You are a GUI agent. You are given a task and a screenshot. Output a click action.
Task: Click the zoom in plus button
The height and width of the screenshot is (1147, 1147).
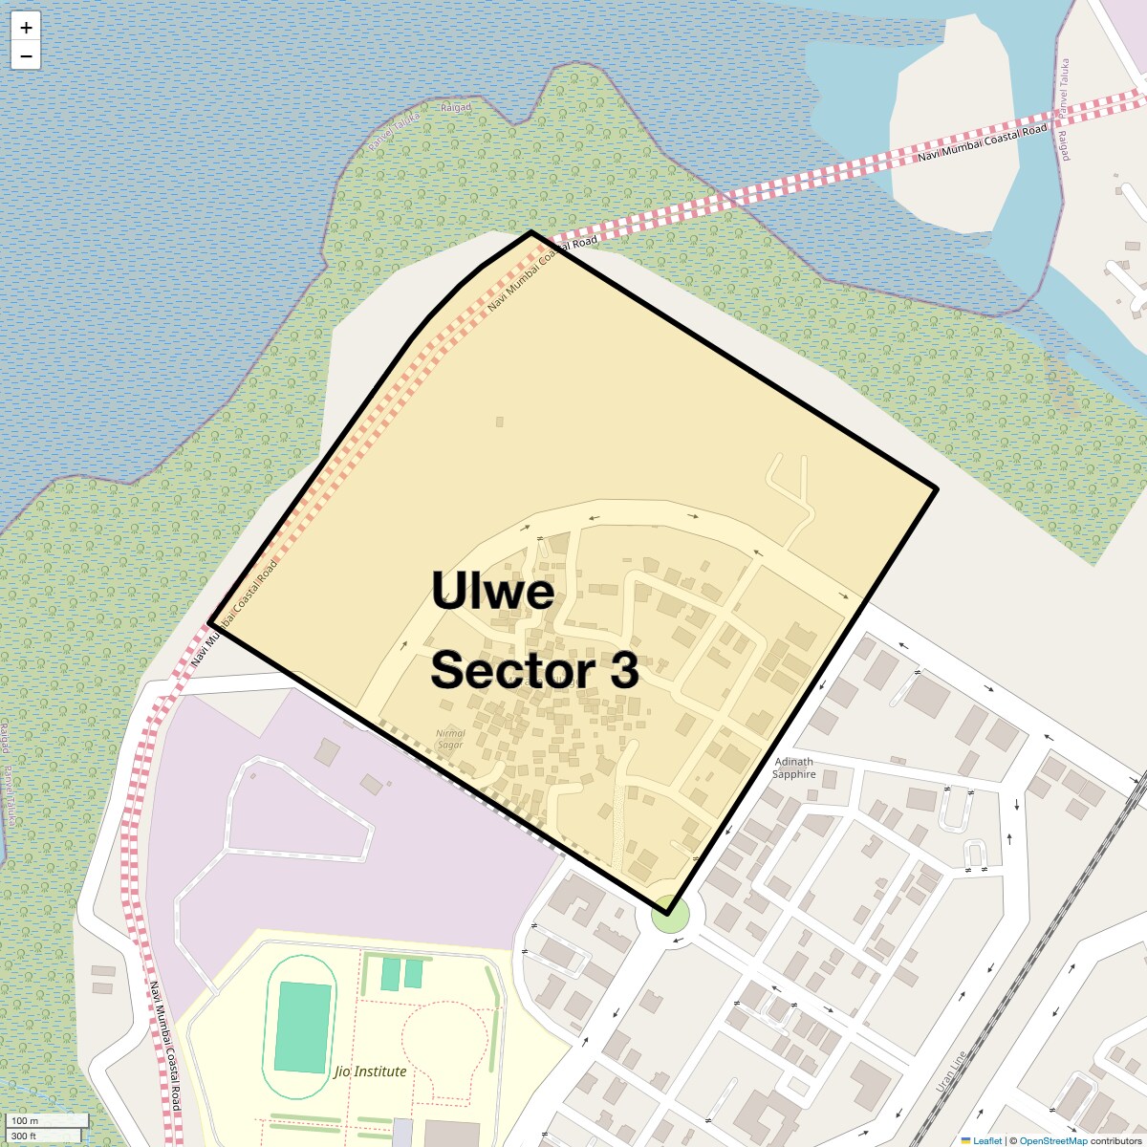26,28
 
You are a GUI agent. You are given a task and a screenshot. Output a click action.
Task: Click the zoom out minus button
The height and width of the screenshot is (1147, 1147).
26,56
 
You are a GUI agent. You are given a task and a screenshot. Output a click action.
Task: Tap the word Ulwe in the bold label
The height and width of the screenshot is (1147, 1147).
492,591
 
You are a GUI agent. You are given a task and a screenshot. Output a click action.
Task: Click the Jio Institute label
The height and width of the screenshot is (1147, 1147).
371,1071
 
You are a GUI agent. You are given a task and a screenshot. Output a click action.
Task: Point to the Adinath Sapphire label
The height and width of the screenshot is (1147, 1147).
794,768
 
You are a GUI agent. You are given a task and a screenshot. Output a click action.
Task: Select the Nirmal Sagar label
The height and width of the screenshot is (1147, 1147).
450,739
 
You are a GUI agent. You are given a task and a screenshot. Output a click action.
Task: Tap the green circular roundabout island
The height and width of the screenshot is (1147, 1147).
670,918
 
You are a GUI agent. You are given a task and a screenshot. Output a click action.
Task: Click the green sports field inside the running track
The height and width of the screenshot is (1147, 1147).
303,1027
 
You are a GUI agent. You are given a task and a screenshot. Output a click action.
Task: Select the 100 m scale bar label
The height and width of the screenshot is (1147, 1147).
26,1120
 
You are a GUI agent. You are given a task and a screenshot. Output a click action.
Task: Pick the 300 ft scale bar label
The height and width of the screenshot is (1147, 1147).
24,1136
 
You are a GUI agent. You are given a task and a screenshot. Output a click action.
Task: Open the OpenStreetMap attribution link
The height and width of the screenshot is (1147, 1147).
1052,1140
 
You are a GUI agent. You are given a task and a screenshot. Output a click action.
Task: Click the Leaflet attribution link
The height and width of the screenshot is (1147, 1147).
987,1140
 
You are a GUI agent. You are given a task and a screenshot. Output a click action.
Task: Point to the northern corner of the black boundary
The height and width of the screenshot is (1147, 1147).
531,232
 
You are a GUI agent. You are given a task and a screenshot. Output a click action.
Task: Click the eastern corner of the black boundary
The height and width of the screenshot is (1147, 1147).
936,489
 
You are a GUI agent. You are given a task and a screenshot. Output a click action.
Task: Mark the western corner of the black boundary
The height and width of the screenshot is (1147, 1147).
209,623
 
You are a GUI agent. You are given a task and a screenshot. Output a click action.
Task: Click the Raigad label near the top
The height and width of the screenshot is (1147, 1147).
456,108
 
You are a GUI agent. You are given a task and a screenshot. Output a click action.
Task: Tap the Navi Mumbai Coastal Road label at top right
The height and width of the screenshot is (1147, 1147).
982,142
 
